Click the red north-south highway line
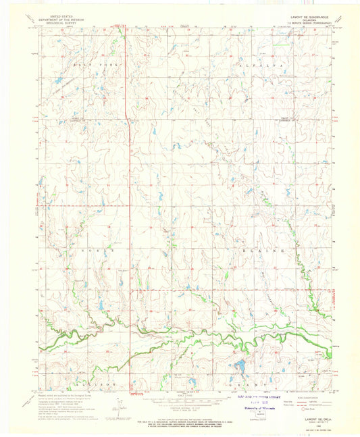(129, 203)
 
